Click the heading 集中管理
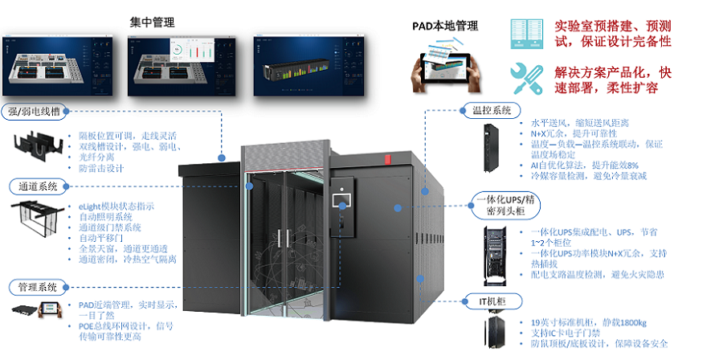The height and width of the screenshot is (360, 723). click(x=153, y=21)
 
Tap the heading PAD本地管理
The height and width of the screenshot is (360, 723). click(x=439, y=27)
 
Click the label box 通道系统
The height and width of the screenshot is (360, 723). click(x=38, y=187)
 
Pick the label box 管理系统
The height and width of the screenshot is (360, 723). click(x=38, y=285)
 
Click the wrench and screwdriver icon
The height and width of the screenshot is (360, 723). click(x=526, y=79)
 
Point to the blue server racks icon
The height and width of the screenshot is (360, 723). click(x=527, y=31)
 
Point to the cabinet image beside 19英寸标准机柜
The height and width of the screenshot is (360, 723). click(x=491, y=333)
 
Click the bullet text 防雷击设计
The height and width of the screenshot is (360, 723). click(x=103, y=169)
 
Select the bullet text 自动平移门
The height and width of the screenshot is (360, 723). click(x=105, y=238)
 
